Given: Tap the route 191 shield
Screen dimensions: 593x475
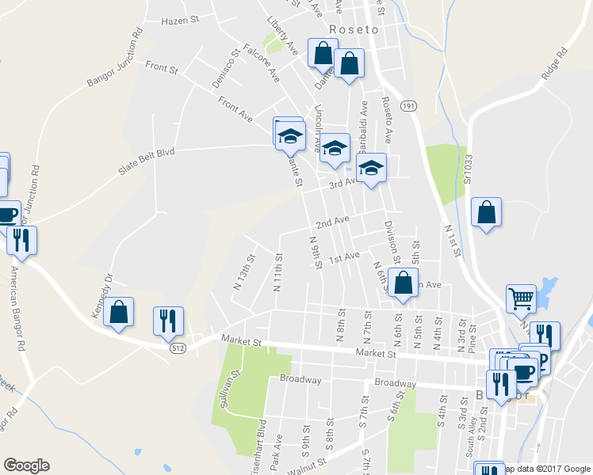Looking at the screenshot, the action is (408, 105).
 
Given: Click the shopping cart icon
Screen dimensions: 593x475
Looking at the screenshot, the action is (522, 298).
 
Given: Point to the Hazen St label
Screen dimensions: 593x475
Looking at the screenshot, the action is (179, 21).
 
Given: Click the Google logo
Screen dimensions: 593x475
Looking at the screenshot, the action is (26, 465).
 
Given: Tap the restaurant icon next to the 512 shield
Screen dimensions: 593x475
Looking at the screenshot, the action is (168, 320).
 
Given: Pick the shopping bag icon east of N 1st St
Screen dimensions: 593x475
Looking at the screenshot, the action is (487, 212).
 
